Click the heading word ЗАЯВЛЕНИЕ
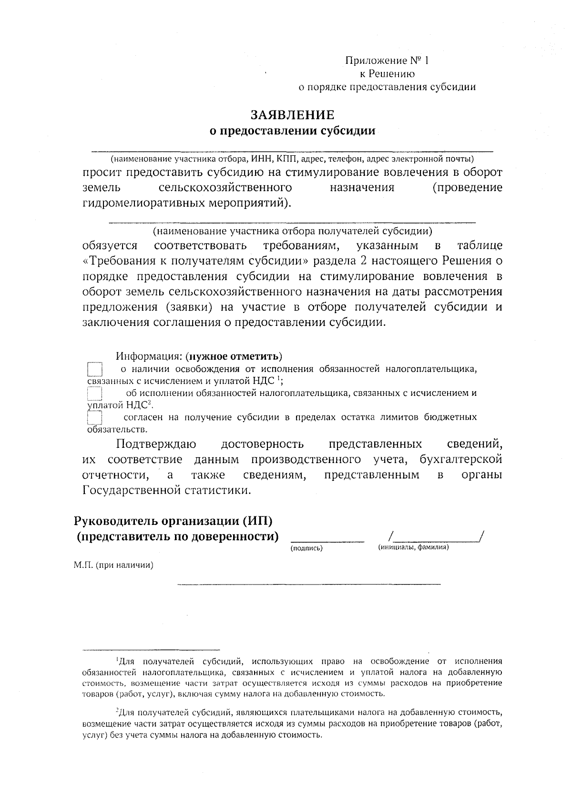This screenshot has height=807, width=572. (x=293, y=115)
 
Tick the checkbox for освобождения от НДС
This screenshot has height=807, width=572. (x=95, y=370)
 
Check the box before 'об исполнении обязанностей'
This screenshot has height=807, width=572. (x=95, y=394)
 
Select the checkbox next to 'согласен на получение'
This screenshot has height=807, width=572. (x=95, y=418)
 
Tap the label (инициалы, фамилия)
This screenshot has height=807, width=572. (x=413, y=547)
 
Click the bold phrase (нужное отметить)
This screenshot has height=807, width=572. (x=234, y=356)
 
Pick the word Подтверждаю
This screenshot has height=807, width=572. (x=157, y=444)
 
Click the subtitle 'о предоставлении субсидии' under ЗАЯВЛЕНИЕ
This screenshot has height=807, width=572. (x=293, y=131)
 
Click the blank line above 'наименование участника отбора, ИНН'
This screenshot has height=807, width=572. (x=292, y=151)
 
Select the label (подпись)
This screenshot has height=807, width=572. (x=306, y=548)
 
